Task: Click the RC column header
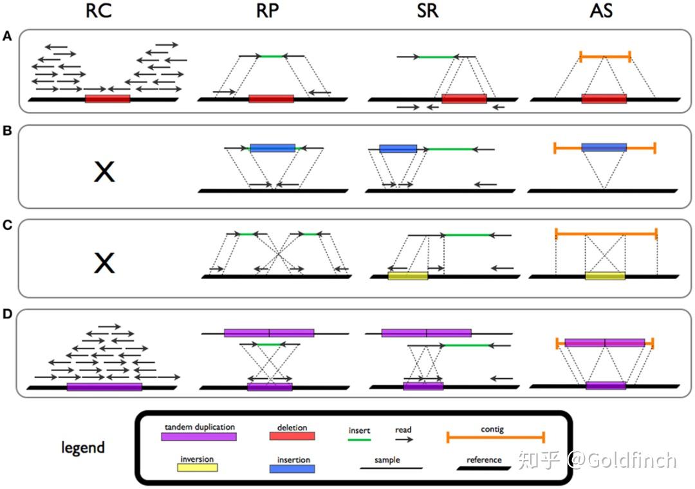103,12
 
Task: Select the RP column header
268,12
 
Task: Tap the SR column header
427,12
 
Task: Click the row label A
7,37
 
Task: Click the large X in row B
104,171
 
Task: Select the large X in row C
104,263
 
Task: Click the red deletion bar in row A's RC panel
107,99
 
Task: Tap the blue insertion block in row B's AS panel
604,148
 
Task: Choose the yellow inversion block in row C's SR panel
408,276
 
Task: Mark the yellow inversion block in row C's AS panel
605,276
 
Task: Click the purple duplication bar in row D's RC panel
104,387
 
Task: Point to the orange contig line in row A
605,57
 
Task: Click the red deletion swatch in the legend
292,436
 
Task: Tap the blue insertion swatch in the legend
292,468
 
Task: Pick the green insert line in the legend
359,439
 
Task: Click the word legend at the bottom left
83,447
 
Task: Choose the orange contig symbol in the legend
496,438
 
